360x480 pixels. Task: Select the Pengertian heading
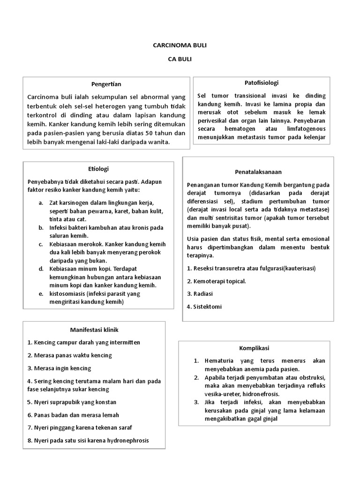(x=106, y=84)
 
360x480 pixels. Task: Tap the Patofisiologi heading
(x=262, y=82)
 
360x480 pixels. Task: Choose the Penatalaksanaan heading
(x=258, y=172)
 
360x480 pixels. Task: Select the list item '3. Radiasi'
(x=200, y=293)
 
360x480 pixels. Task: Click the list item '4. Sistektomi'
(x=204, y=307)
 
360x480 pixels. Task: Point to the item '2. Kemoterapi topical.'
(x=216, y=281)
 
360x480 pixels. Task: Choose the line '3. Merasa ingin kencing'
(x=59, y=368)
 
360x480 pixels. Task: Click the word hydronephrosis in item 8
(x=124, y=440)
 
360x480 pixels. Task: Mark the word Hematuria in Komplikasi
(x=220, y=361)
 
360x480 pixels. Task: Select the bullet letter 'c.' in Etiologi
(x=41, y=244)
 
